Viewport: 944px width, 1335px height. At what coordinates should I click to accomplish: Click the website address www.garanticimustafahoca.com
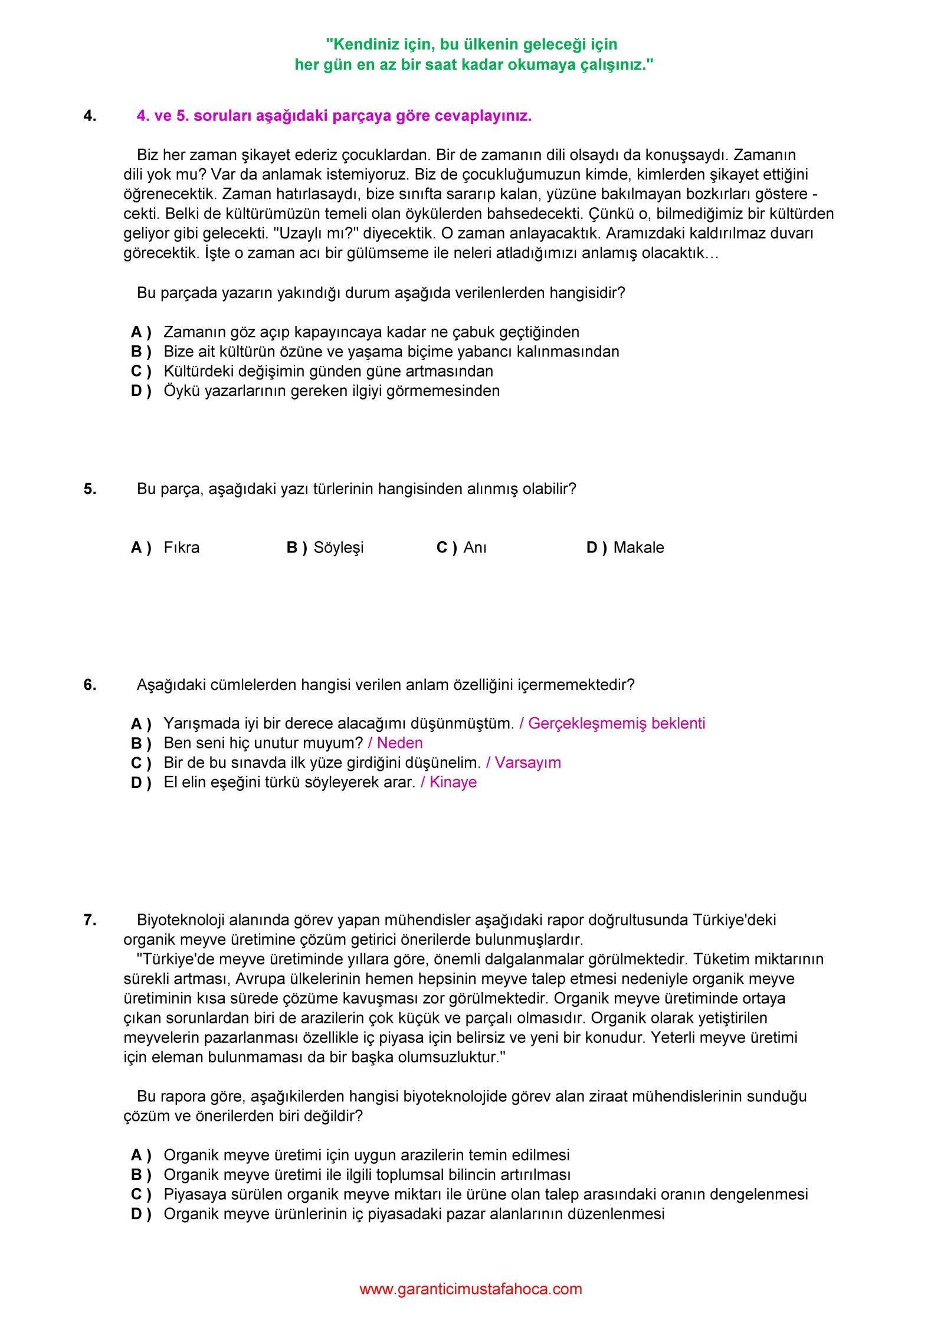click(470, 1289)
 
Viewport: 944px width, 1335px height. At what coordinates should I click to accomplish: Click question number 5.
click(90, 489)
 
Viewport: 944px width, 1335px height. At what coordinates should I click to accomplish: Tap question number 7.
click(90, 920)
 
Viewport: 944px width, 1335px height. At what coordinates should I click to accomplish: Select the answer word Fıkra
click(181, 548)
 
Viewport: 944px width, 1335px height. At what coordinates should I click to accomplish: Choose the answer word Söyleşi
click(338, 548)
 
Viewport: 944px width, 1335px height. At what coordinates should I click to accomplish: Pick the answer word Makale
click(638, 548)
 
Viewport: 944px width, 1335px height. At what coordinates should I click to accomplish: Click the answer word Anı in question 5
click(475, 548)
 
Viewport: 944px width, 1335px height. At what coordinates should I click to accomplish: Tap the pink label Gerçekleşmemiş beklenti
click(617, 724)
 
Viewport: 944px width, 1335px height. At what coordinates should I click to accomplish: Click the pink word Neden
click(399, 743)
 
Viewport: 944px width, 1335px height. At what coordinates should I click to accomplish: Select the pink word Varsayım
click(527, 763)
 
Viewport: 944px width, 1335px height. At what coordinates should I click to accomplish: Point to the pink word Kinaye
click(453, 782)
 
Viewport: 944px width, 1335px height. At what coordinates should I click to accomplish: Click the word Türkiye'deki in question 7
click(734, 920)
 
